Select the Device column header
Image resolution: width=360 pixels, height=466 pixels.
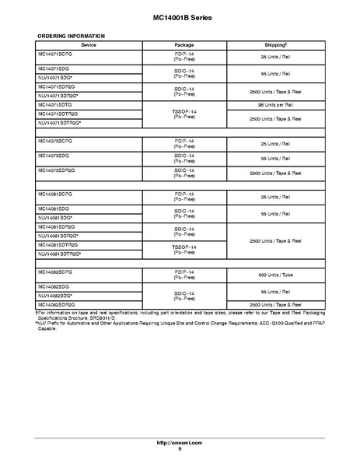(x=89, y=45)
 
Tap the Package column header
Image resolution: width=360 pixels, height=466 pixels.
(x=184, y=45)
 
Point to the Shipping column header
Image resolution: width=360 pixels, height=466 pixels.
(x=274, y=45)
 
